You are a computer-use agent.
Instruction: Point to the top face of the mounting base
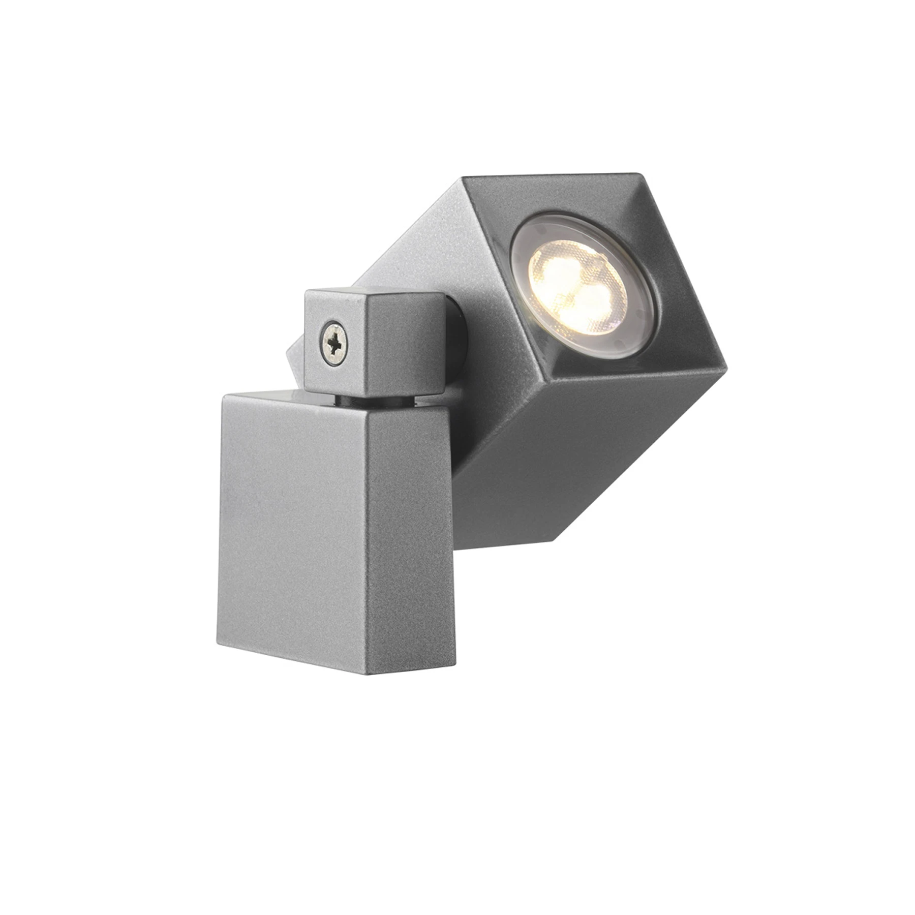[x=264, y=396]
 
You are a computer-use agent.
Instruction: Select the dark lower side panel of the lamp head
[x=534, y=447]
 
